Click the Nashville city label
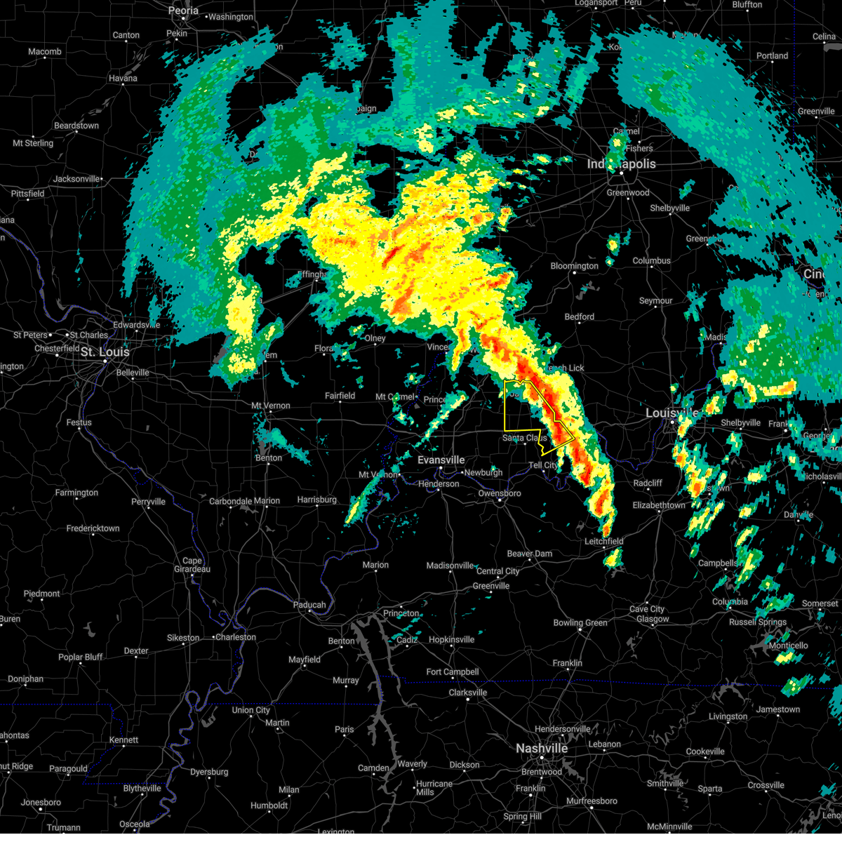542,749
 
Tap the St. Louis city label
105,352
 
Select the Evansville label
441,460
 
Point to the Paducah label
309,605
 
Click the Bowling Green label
580,623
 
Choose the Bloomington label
574,266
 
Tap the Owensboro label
499,494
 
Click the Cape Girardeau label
192,565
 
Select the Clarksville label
467,693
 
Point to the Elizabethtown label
659,505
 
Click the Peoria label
183,11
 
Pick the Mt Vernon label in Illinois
271,406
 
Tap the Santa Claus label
524,438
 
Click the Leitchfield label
603,542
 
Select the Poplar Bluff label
80,657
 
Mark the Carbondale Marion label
244,502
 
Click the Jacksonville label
76,179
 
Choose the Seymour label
655,301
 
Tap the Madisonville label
450,566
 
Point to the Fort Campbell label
453,672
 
